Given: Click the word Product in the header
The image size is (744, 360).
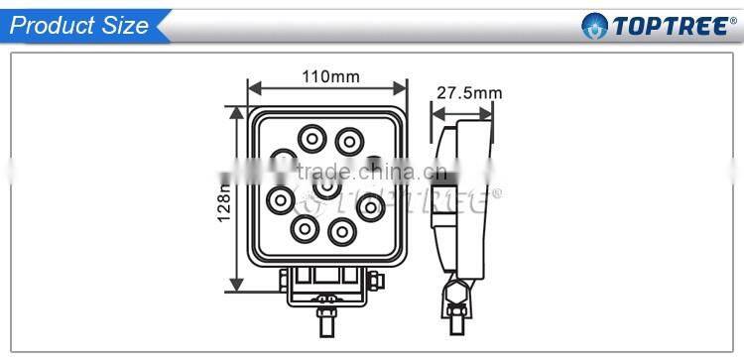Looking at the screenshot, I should tap(53, 26).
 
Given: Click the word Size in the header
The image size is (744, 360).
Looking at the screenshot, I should tap(123, 26).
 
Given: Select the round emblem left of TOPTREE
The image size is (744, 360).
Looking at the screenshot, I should tap(594, 26).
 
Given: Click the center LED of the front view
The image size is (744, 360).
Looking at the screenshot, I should tap(327, 185).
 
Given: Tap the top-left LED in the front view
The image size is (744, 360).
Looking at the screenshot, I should tap(313, 138).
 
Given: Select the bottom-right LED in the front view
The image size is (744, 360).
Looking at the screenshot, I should tap(342, 231).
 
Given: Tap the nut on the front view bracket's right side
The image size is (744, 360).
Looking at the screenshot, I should tap(377, 284).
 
